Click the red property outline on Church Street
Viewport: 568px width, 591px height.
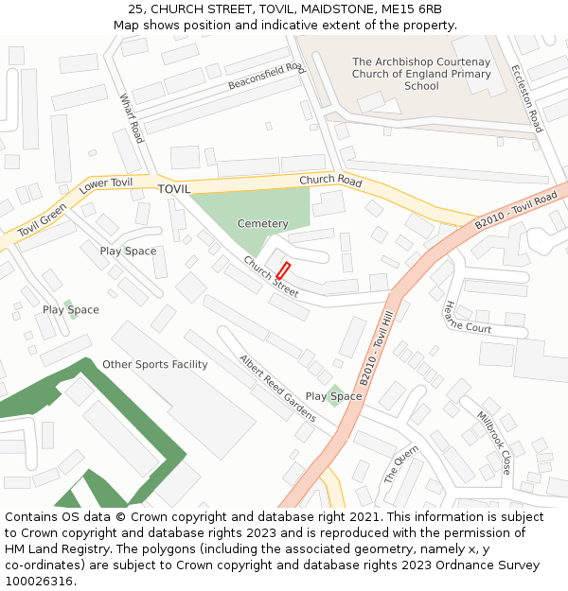282,269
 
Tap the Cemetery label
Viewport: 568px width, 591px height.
262,224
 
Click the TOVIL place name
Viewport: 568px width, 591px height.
174,189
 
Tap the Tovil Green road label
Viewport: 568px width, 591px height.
42,220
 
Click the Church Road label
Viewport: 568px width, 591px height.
330,181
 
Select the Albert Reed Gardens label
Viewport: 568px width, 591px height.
277,388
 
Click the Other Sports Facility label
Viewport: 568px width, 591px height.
154,364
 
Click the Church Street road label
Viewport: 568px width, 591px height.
271,277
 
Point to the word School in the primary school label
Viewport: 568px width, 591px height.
421,86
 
